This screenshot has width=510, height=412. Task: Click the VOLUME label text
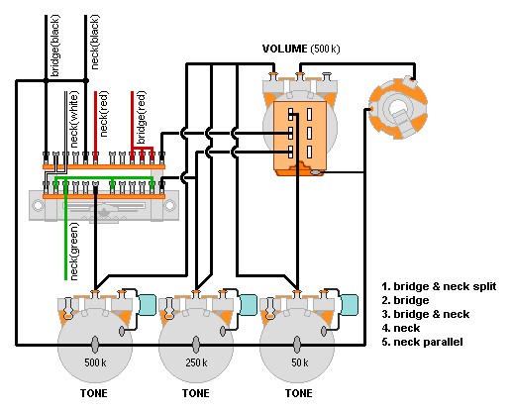(x=284, y=49)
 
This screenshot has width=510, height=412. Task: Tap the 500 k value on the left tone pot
(x=95, y=362)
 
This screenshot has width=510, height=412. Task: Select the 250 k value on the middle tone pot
(x=196, y=362)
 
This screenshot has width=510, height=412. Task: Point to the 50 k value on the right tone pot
(x=300, y=362)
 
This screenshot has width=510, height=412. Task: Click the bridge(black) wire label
(x=54, y=46)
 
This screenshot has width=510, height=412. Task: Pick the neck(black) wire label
(x=94, y=43)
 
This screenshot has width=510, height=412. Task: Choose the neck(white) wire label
(x=74, y=120)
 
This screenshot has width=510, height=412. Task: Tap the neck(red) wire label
(x=104, y=114)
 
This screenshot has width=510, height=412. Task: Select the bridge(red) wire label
(x=141, y=118)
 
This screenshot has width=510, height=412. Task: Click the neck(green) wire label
(x=74, y=252)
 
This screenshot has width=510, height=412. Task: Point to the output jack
(x=398, y=108)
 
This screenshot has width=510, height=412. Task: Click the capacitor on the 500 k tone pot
(x=147, y=305)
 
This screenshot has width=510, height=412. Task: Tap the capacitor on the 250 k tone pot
(x=248, y=305)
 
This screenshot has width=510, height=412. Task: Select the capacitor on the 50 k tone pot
(x=350, y=305)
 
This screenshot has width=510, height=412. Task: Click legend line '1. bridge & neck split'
(x=439, y=286)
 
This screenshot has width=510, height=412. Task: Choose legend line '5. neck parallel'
(x=422, y=342)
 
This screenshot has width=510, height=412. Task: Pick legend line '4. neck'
(x=401, y=328)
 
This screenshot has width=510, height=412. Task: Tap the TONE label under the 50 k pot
(x=298, y=393)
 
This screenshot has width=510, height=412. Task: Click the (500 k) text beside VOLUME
(x=325, y=49)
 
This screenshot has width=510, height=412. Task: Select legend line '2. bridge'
(x=405, y=300)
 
